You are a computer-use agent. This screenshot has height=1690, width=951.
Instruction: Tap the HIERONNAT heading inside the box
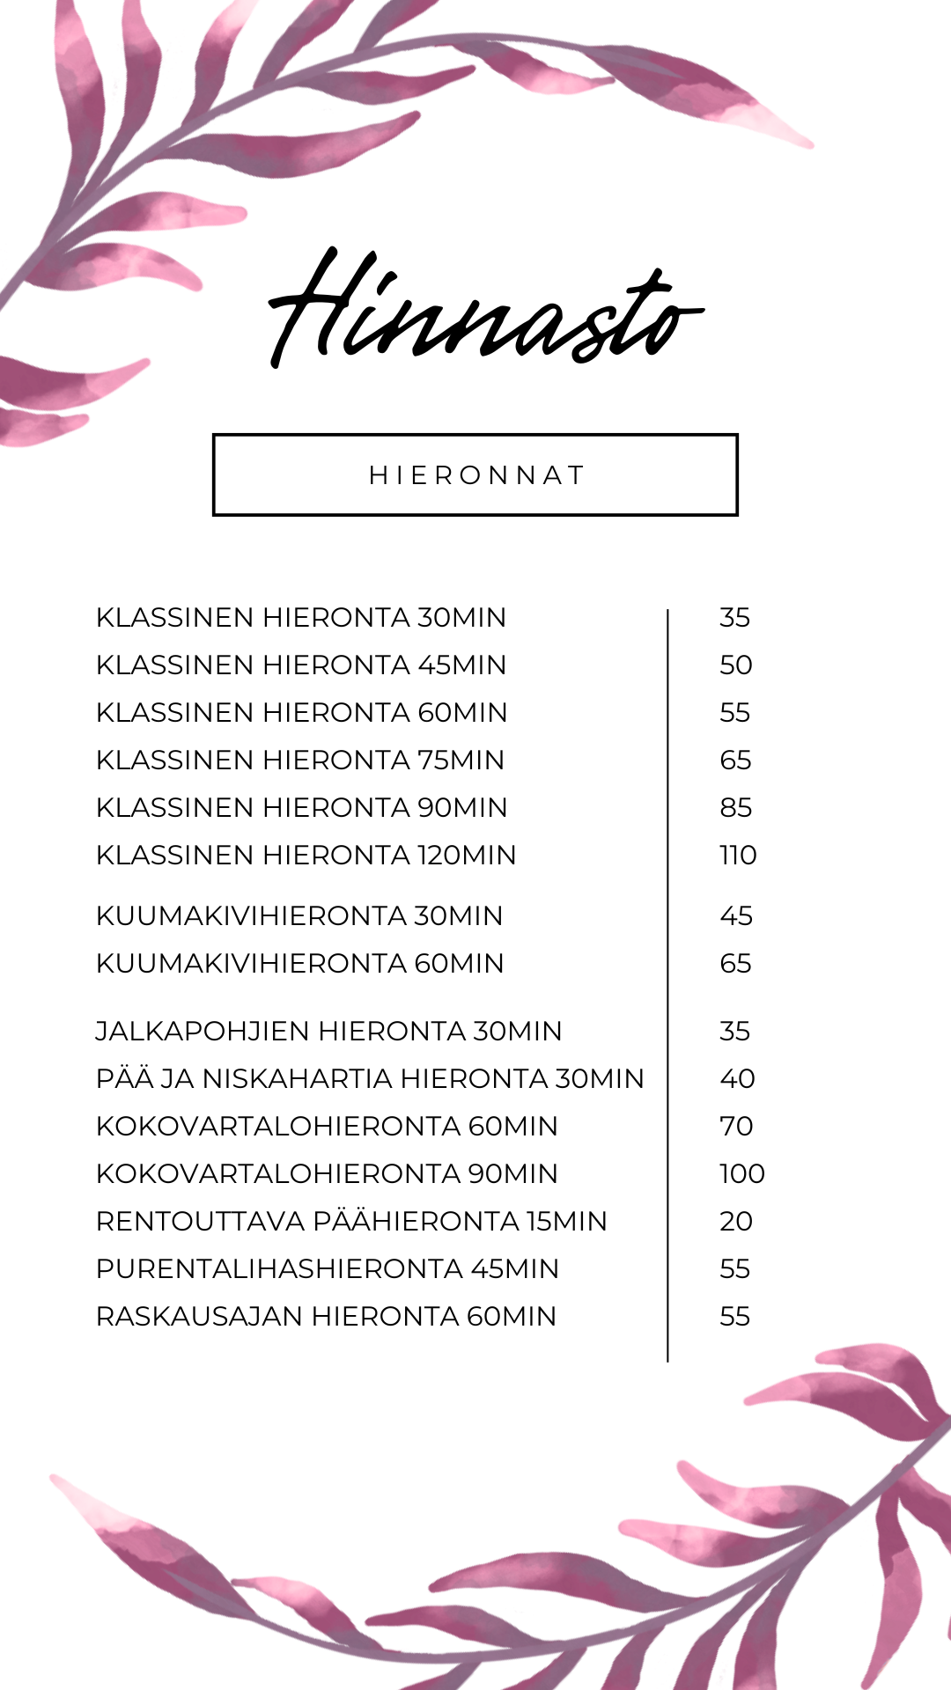tap(475, 475)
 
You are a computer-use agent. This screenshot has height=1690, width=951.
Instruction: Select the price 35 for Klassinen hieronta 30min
tap(734, 618)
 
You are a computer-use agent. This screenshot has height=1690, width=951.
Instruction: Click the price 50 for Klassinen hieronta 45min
tap(735, 665)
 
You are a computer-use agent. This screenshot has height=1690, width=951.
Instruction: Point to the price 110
tap(738, 856)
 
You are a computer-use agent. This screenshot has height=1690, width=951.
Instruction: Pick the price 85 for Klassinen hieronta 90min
tap(735, 808)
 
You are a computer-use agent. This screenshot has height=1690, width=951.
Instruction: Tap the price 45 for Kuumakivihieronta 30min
tap(736, 916)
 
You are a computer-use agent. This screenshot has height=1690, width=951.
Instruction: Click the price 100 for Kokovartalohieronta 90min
tap(741, 1174)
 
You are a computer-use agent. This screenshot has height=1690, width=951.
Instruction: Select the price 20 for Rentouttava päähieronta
tap(735, 1222)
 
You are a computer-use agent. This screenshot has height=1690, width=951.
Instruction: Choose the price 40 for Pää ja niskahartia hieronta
tap(737, 1079)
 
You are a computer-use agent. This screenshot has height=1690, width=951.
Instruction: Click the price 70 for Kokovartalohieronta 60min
tap(736, 1127)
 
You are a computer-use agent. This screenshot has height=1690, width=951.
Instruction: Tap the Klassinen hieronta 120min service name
tap(306, 856)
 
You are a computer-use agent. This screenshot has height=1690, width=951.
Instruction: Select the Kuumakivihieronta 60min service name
tap(299, 964)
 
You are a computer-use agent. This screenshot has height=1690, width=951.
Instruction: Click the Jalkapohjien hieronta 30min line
tap(328, 1032)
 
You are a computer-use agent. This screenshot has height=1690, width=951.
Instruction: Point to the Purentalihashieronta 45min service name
tap(328, 1269)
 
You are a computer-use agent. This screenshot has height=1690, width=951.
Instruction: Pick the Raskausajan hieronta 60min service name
tap(326, 1317)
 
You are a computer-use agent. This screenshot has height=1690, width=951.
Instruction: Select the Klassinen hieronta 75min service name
tap(300, 760)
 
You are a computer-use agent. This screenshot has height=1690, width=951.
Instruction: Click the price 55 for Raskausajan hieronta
tap(734, 1317)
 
